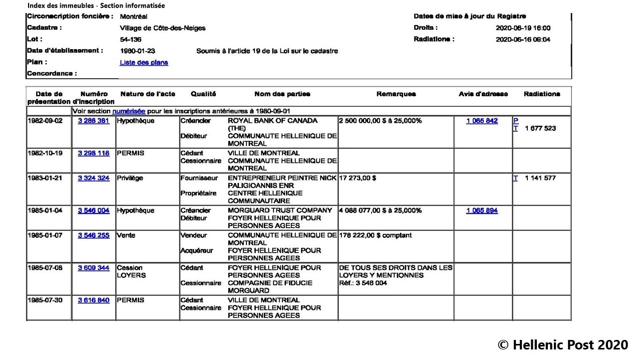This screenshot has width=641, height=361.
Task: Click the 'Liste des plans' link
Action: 144,63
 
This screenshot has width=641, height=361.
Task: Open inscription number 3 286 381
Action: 94,121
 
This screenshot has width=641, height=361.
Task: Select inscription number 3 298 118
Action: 94,153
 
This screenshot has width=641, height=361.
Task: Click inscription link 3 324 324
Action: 94,178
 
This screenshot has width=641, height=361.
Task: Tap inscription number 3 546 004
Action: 94,211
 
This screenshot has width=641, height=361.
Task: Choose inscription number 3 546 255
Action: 94,235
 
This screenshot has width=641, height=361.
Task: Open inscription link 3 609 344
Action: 94,268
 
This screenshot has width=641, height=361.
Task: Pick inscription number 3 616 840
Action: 94,300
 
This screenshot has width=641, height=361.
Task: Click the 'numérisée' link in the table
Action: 129,111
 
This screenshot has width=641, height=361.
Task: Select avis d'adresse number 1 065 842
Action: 482,121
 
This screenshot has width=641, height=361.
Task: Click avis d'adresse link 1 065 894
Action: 482,211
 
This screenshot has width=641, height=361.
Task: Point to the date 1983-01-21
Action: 45,178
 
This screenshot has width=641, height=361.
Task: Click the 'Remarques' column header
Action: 396,94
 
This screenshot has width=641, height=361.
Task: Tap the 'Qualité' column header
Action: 203,94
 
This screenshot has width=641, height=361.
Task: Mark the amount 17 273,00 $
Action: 358,178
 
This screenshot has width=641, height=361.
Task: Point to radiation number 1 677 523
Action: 540,128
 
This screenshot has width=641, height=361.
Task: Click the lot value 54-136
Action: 131,40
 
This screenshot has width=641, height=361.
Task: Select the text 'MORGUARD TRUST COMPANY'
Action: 280,211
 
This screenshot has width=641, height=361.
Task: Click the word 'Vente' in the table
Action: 126,235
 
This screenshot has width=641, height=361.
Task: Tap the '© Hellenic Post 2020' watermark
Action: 562,345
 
